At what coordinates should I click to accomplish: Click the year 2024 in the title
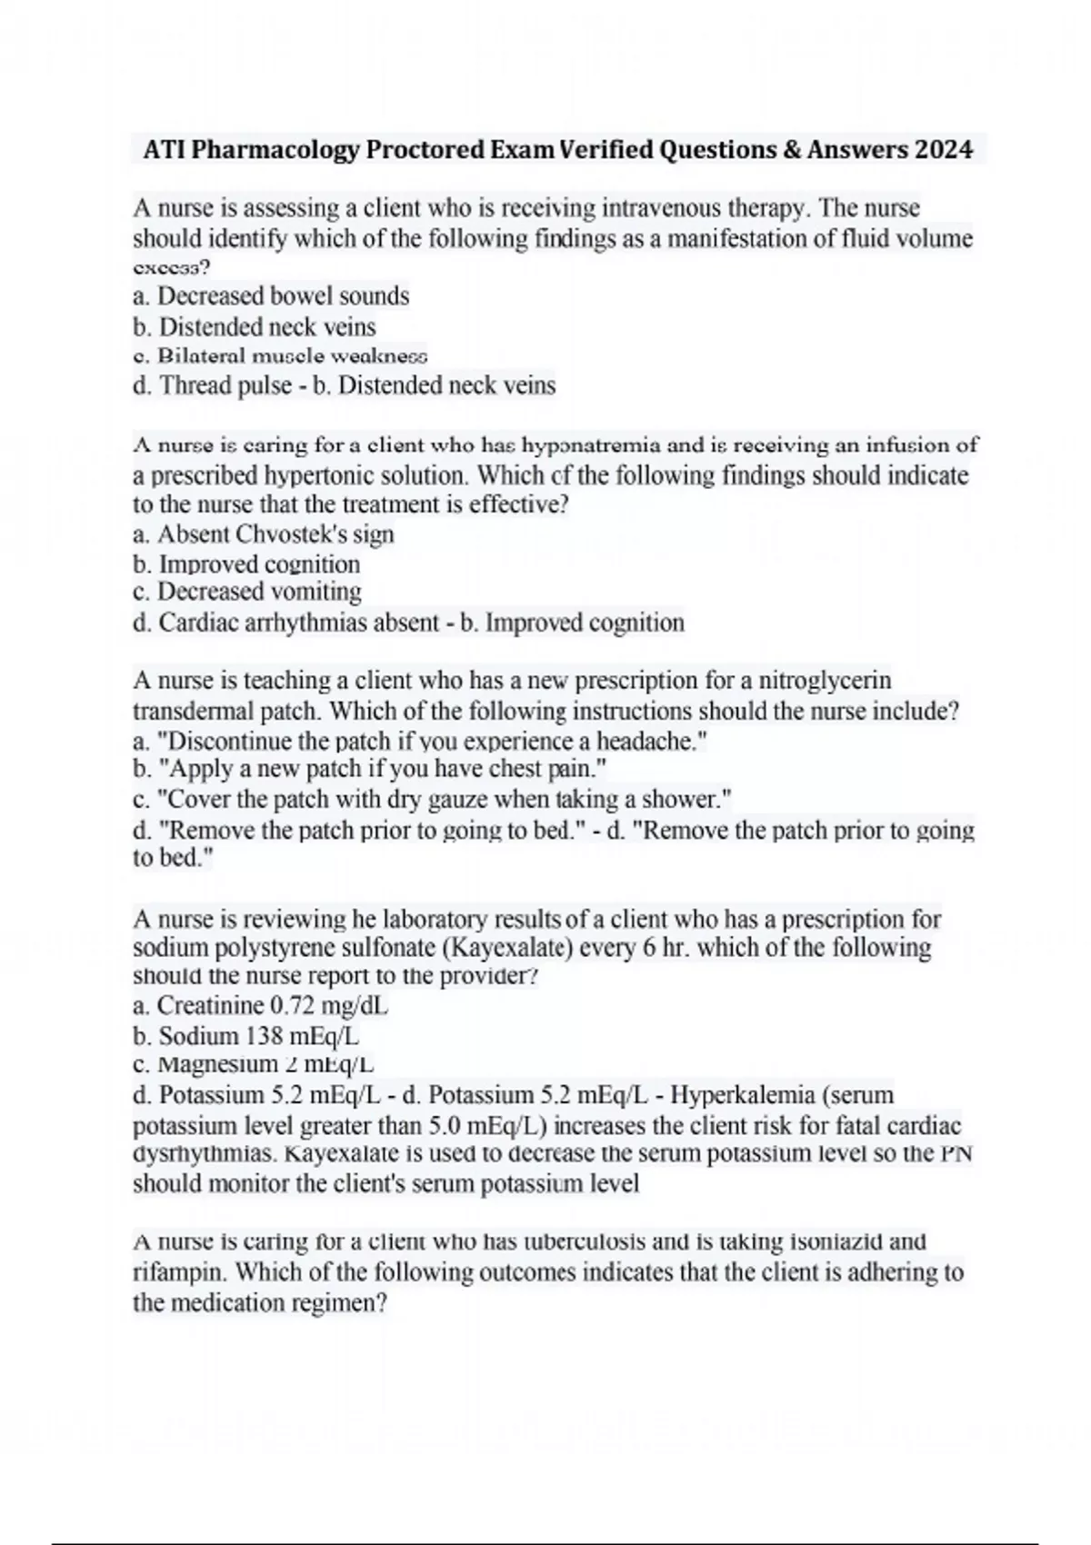tap(944, 149)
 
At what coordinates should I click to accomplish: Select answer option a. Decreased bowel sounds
tap(271, 296)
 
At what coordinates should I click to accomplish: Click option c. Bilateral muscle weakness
tap(280, 355)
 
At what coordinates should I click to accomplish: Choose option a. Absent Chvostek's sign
tap(264, 534)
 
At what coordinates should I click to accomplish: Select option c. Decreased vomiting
tap(247, 593)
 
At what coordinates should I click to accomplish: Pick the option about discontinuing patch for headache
tap(420, 742)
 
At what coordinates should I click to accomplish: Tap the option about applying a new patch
tap(370, 771)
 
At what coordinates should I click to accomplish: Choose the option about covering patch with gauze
tap(433, 801)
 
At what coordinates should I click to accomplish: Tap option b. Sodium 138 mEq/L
tap(246, 1036)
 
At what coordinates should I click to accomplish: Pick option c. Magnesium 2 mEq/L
tap(254, 1064)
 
